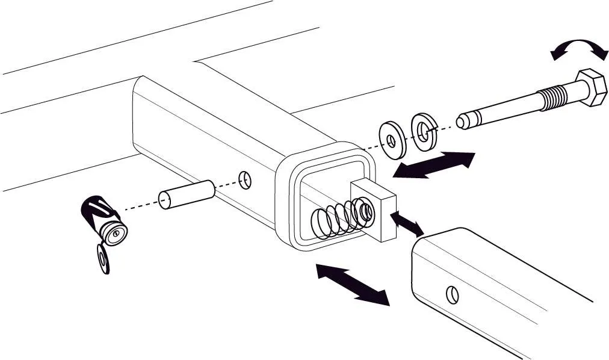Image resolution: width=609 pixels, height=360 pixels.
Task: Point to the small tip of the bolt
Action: (462, 120)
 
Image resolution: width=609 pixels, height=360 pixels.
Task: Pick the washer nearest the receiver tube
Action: (392, 140)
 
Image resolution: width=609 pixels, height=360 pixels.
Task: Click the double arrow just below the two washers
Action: (433, 166)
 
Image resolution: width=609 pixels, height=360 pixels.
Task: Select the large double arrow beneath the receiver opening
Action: (353, 285)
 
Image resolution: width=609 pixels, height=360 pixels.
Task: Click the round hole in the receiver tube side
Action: (244, 178)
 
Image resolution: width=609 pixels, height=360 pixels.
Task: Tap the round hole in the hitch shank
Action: (453, 295)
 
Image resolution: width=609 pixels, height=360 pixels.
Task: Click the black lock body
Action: (96, 211)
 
